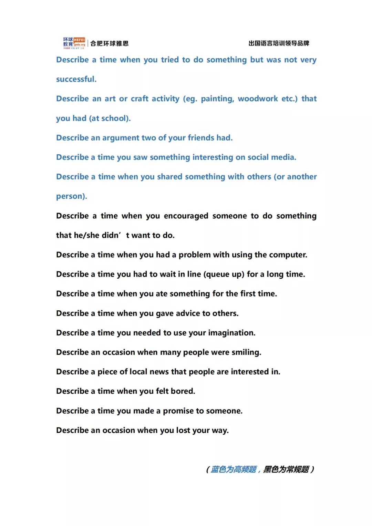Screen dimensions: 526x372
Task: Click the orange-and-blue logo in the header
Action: click(74, 43)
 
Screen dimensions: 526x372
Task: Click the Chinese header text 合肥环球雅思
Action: click(109, 43)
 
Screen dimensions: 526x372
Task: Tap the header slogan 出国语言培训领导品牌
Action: click(279, 43)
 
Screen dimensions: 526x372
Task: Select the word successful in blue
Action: click(76, 79)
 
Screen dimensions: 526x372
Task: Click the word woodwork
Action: click(258, 99)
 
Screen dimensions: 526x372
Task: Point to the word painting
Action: click(217, 99)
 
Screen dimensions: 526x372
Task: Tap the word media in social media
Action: click(283, 157)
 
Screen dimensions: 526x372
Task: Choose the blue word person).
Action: click(72, 196)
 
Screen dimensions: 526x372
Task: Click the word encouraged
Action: click(186, 216)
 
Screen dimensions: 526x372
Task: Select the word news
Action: click(159, 372)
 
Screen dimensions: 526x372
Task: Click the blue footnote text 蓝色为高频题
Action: click(234, 470)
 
